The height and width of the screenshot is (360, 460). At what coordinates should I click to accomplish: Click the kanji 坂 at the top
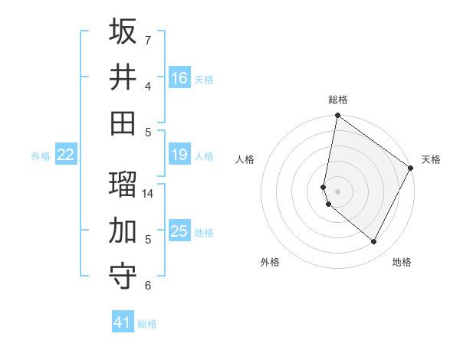[123, 31]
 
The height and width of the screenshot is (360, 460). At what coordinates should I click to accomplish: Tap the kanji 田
[123, 122]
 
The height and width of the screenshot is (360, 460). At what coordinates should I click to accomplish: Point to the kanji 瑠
[123, 185]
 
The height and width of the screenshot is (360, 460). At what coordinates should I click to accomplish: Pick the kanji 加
[123, 230]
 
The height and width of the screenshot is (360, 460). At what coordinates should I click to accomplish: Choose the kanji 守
[123, 276]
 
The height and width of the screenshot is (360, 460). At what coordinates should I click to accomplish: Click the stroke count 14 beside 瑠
[148, 194]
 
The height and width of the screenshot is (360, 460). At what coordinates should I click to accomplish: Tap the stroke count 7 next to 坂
[147, 40]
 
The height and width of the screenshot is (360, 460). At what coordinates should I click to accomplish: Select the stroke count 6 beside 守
[147, 286]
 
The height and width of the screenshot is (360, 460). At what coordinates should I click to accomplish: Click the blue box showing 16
[179, 77]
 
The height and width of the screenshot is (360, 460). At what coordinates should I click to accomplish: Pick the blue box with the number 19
[179, 155]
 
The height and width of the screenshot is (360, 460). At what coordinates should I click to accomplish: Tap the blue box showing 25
[179, 231]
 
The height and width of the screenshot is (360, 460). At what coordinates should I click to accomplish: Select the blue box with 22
[66, 155]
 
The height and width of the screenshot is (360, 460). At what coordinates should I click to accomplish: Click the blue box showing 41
[123, 322]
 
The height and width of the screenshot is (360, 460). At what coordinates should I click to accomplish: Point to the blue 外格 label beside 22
[41, 156]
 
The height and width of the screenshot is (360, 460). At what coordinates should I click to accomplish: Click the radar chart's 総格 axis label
[338, 100]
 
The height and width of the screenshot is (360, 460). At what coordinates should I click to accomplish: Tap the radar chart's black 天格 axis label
[431, 159]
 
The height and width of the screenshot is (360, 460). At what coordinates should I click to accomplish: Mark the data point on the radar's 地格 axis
[374, 242]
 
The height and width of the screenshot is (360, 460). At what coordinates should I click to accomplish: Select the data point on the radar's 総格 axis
[337, 116]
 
